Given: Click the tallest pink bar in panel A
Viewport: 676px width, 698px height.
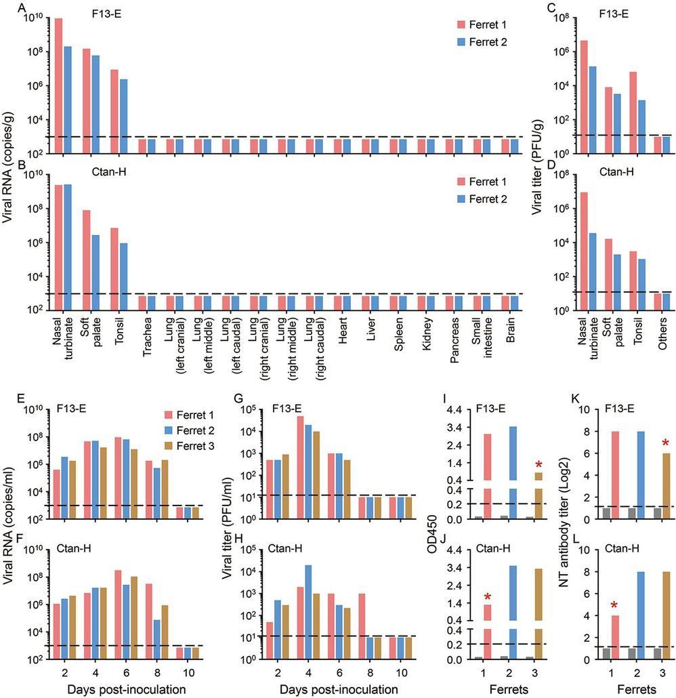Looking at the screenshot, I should pos(59,81).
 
